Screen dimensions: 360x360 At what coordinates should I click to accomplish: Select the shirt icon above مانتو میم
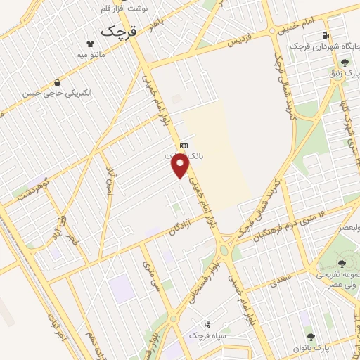pyautogui.click(x=89, y=42)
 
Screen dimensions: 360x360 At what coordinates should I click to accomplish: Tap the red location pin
pyautogui.click(x=181, y=165)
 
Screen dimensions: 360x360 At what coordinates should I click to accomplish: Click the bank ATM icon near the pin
pyautogui.click(x=184, y=145)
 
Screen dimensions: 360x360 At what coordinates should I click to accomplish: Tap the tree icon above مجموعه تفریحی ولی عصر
pyautogui.click(x=323, y=263)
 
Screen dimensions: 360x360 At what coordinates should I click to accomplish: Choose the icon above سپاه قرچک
pyautogui.click(x=207, y=326)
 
